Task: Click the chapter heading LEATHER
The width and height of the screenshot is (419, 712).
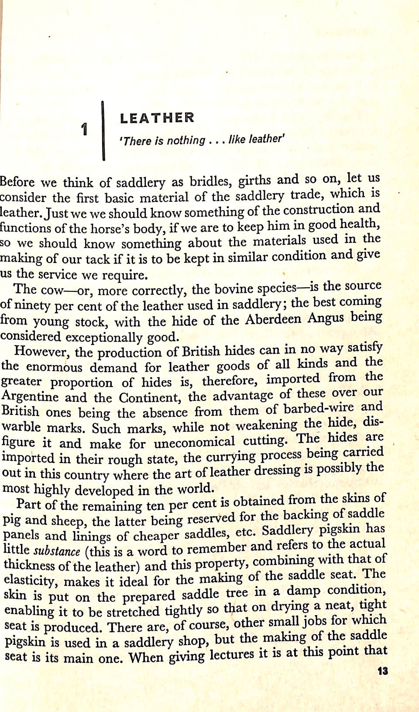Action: coord(157,118)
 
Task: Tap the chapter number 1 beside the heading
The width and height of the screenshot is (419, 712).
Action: coord(85,130)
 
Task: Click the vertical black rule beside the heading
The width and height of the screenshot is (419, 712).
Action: coord(103,131)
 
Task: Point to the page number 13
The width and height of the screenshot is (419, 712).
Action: coord(382,671)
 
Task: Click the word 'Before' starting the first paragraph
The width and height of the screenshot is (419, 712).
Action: coord(17,182)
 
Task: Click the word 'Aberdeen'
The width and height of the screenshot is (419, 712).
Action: coord(273,319)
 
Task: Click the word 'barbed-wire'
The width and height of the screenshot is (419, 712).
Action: coord(319,408)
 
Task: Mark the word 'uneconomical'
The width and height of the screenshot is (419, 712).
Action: coord(194,442)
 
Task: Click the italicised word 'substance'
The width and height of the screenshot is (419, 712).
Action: coord(57,551)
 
